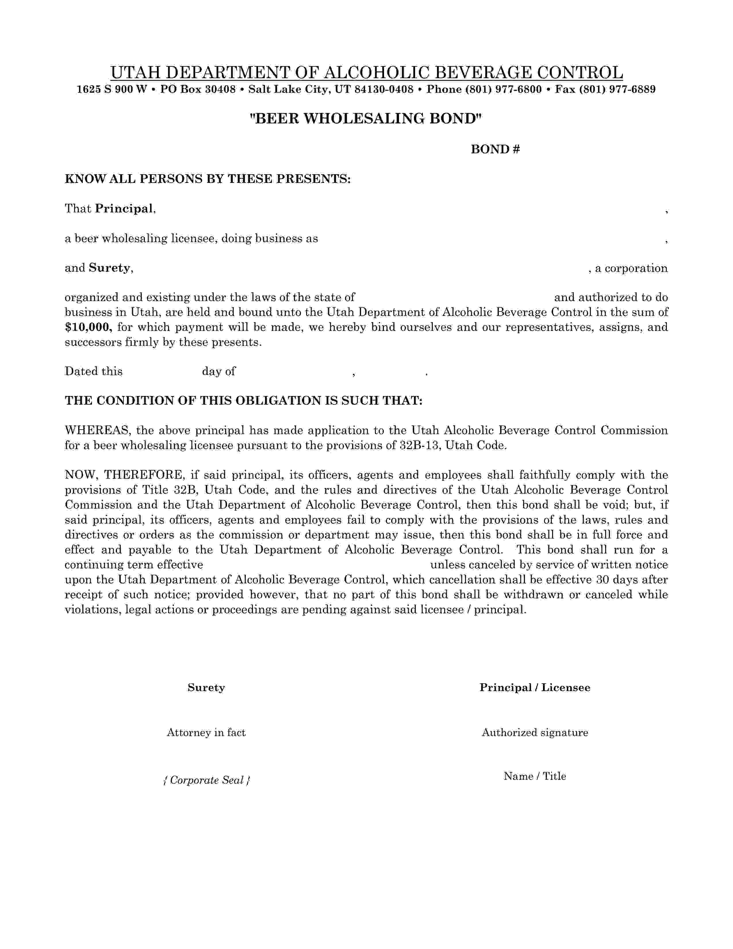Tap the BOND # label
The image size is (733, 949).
point(495,150)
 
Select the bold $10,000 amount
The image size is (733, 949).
point(89,327)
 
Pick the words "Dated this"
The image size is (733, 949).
point(93,372)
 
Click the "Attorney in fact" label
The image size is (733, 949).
point(206,733)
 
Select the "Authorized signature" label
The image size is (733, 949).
point(535,733)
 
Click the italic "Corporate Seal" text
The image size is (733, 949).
point(206,780)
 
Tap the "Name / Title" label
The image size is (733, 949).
point(535,776)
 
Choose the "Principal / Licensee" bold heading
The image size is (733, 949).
point(535,688)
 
